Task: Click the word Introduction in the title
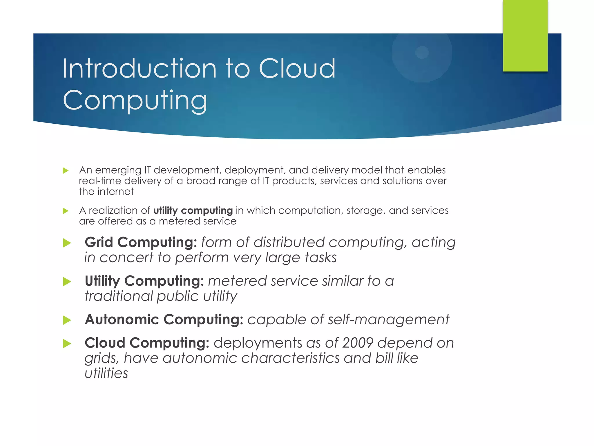(x=139, y=69)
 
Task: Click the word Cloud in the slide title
(x=297, y=69)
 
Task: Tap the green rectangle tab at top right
(x=525, y=35)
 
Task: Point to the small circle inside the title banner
(x=422, y=53)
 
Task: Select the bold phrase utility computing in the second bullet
(x=193, y=211)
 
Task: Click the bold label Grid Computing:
(x=141, y=242)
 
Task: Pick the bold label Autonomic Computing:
(x=164, y=319)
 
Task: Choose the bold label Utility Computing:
(x=144, y=281)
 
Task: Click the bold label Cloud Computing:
(x=147, y=343)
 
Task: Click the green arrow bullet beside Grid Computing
(x=67, y=243)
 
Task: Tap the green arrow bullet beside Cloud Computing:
(x=67, y=344)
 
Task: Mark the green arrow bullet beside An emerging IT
(x=66, y=170)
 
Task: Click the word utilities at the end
(x=106, y=373)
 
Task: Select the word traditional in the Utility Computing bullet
(x=119, y=296)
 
